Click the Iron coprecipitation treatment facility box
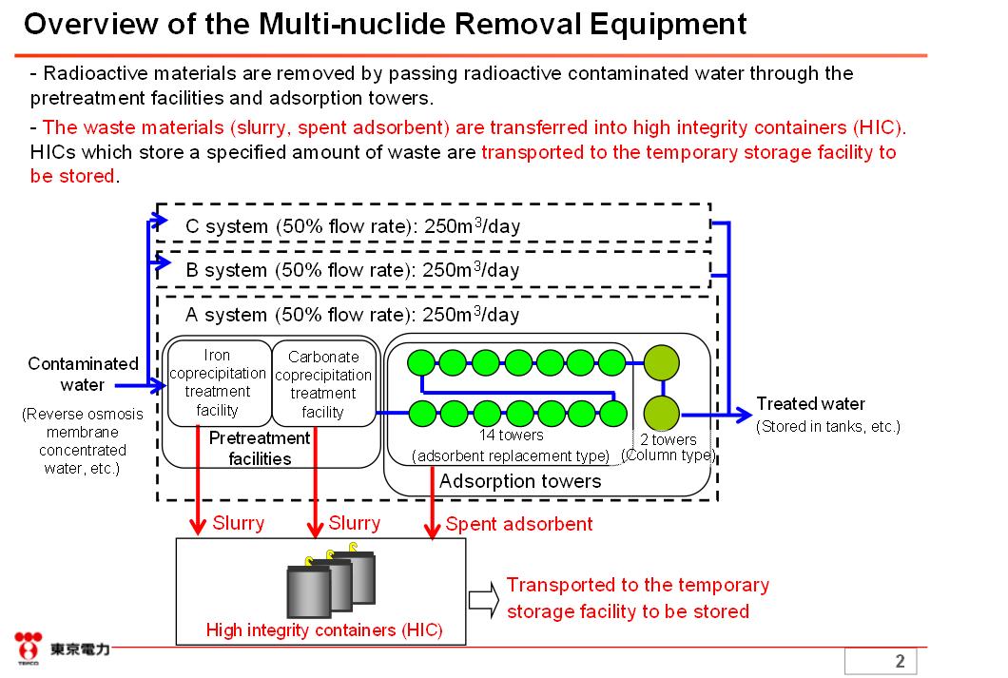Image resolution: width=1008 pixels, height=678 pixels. (218, 383)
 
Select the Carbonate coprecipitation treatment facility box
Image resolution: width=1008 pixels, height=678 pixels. (323, 384)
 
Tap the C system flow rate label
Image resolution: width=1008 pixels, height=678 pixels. (353, 227)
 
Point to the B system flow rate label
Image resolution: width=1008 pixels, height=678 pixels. (353, 270)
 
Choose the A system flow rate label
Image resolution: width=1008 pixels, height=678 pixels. (353, 315)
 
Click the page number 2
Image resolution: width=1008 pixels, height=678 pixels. (900, 662)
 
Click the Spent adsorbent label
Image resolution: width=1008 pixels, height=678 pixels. (518, 524)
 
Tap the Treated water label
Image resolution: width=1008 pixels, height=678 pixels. (810, 404)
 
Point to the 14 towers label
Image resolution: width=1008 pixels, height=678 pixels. (511, 436)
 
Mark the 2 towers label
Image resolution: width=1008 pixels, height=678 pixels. (668, 439)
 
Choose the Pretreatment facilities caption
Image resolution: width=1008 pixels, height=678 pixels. (260, 448)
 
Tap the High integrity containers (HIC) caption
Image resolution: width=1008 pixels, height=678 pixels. (324, 630)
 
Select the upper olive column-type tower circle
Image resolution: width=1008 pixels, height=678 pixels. (662, 362)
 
